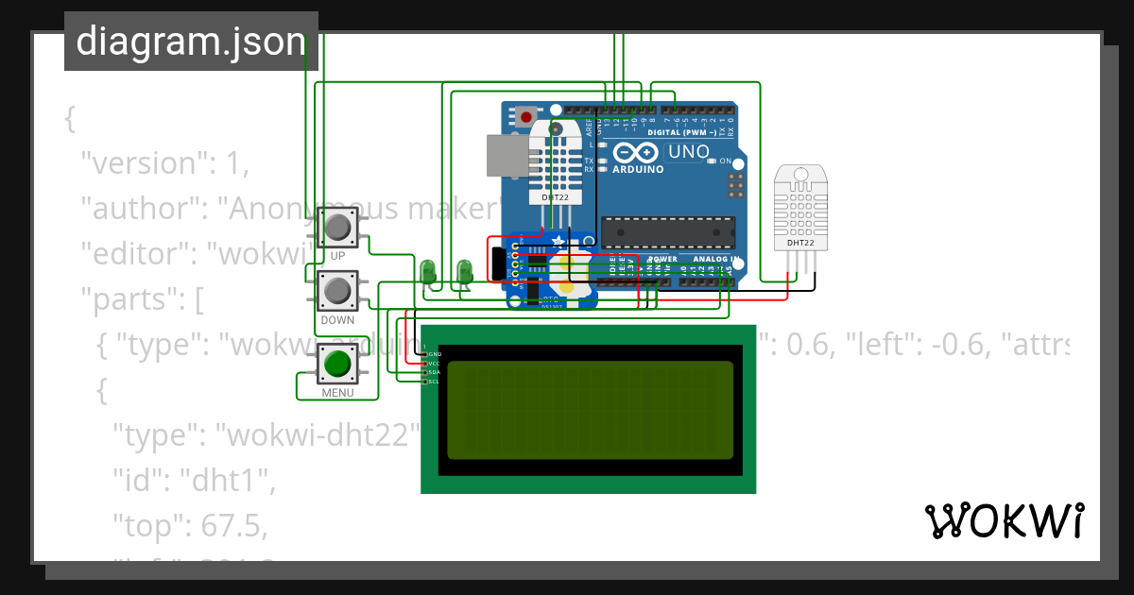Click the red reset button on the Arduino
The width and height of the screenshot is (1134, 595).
pyautogui.click(x=525, y=117)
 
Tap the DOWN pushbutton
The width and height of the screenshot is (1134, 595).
pyautogui.click(x=337, y=291)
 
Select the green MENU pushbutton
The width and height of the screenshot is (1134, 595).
pyautogui.click(x=337, y=364)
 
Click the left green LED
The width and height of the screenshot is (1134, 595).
pyautogui.click(x=428, y=272)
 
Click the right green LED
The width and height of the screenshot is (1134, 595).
pyautogui.click(x=464, y=272)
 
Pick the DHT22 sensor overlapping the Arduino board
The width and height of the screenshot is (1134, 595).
pyautogui.click(x=555, y=165)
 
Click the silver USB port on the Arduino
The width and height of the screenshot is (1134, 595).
pyautogui.click(x=507, y=155)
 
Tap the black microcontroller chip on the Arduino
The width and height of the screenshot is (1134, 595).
pyautogui.click(x=668, y=232)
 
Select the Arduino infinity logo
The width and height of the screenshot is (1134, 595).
pyautogui.click(x=630, y=153)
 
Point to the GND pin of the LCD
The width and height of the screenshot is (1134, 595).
pyautogui.click(x=426, y=354)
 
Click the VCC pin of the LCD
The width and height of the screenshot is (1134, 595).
pyautogui.click(x=426, y=364)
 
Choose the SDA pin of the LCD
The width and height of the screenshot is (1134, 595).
pyautogui.click(x=426, y=372)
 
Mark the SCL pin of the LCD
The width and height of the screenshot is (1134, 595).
pyautogui.click(x=426, y=382)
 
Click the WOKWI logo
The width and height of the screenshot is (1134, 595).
pyautogui.click(x=1004, y=520)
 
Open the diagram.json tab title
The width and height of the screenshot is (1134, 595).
pyautogui.click(x=191, y=42)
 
